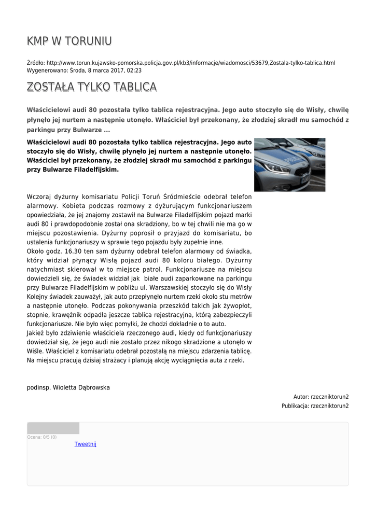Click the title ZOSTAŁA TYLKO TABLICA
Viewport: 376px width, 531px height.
point(91,87)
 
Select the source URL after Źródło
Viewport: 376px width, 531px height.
point(191,63)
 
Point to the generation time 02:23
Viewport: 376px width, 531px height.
point(134,70)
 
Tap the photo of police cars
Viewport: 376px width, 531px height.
point(289,164)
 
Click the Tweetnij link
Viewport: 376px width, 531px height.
point(86,444)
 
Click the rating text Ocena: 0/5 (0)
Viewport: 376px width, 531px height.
point(42,437)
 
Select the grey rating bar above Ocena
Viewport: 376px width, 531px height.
point(53,428)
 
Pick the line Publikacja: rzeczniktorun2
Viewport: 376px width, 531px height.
point(315,406)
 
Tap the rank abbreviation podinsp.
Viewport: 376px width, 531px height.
point(38,387)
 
